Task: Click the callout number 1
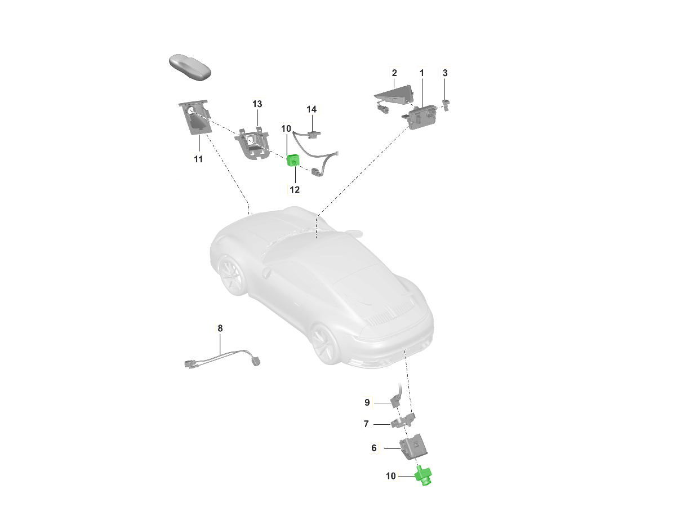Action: click(x=421, y=73)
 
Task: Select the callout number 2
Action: click(x=394, y=73)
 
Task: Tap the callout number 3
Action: click(x=445, y=73)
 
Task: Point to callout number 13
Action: click(x=257, y=104)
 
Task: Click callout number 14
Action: click(x=312, y=109)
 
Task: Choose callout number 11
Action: click(x=198, y=159)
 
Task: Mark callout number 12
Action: click(x=295, y=190)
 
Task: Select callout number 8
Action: click(x=220, y=328)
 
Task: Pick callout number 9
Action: click(x=367, y=402)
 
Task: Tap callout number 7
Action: click(x=366, y=424)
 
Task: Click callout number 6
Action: click(x=374, y=448)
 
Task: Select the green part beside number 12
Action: click(x=293, y=161)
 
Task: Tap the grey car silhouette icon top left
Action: click(x=191, y=67)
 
